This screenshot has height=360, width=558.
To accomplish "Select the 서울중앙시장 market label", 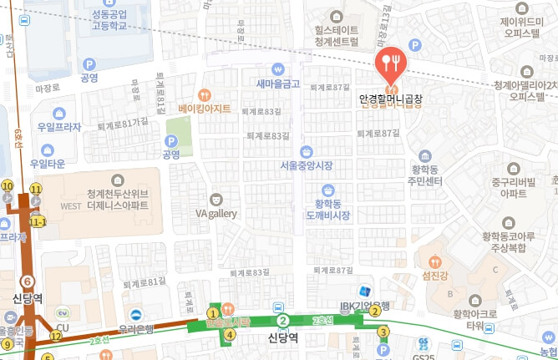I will click(307, 164).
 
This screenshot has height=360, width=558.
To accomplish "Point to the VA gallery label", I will click(216, 213).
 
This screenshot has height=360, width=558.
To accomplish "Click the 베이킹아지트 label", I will click(205, 108).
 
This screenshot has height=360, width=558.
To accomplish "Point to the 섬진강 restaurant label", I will click(436, 276).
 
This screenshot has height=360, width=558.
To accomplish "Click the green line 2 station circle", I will click(283, 321).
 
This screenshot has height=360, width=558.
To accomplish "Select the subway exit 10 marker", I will click(8, 185).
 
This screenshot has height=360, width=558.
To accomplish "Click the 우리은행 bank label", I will click(135, 329).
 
